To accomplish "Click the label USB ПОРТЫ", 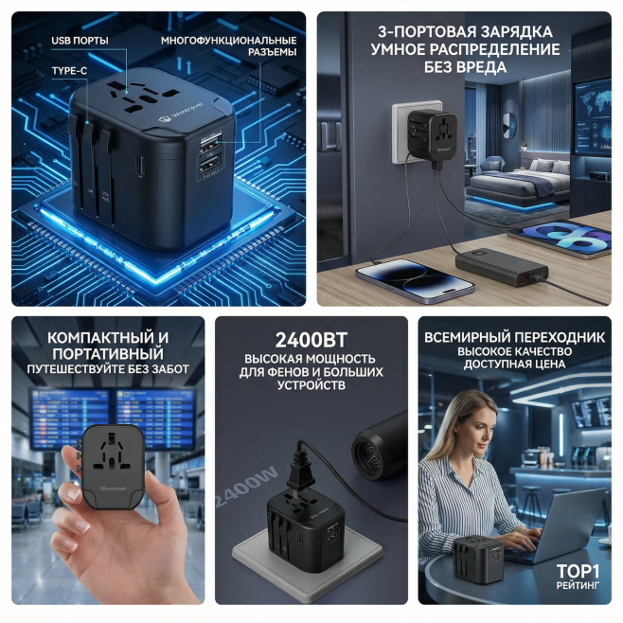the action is [80, 41].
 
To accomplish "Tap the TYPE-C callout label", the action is [69, 71].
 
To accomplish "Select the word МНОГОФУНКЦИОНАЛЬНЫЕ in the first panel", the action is [228, 41].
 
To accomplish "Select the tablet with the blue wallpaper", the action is [561, 239].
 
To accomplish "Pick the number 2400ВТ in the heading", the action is [311, 340].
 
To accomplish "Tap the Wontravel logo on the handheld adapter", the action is [114, 489].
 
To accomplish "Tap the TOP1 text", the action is [578, 571].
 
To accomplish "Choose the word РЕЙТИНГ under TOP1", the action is [578, 585].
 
